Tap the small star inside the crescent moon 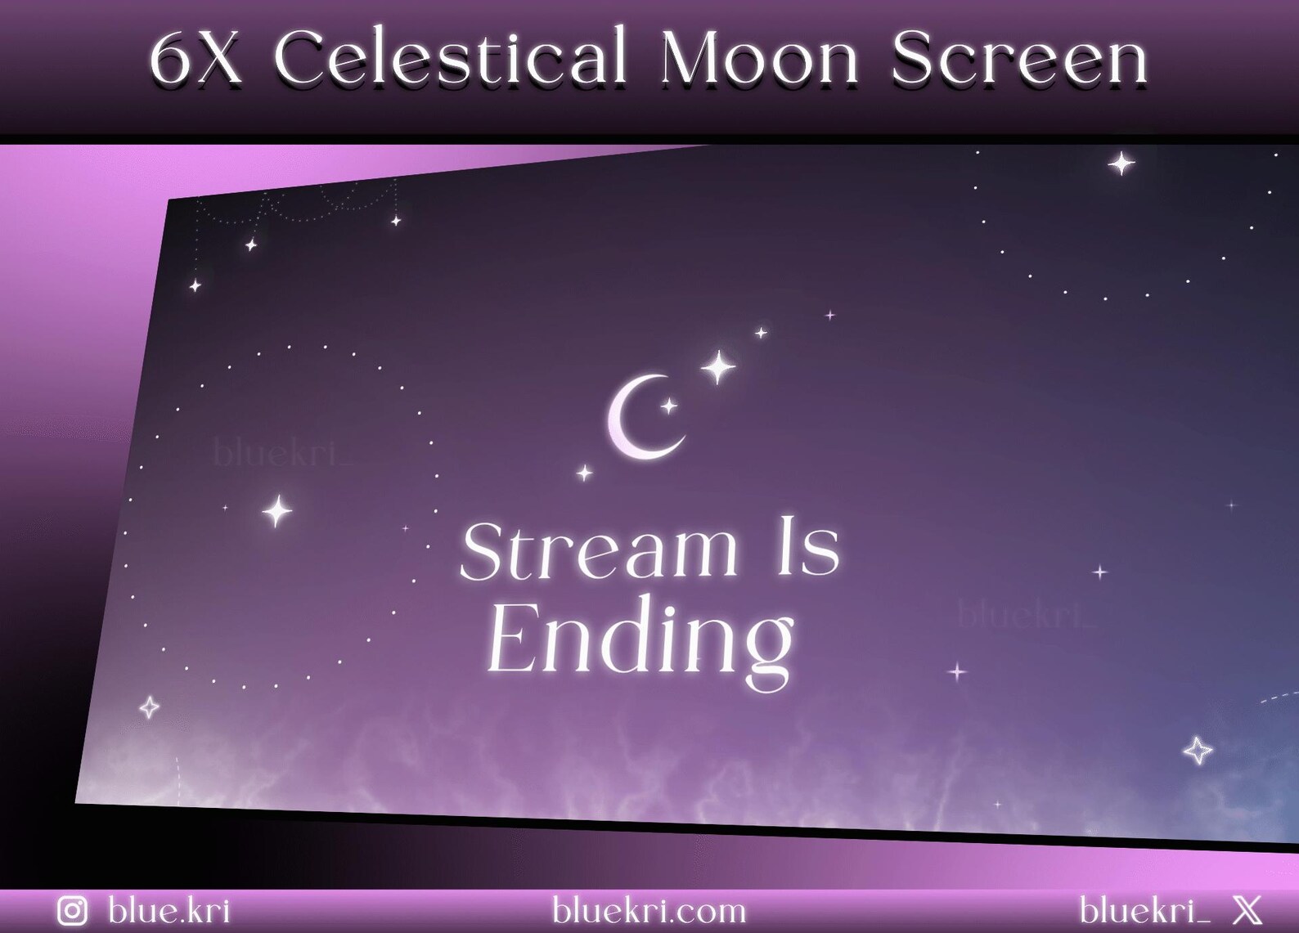click(668, 406)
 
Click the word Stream click(598, 550)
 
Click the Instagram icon click(72, 911)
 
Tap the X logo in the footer click(1247, 910)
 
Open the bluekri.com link click(649, 910)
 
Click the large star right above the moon click(717, 367)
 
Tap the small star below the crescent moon click(585, 473)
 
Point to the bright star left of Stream click(277, 511)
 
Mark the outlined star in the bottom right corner click(1198, 750)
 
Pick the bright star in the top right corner click(1121, 164)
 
